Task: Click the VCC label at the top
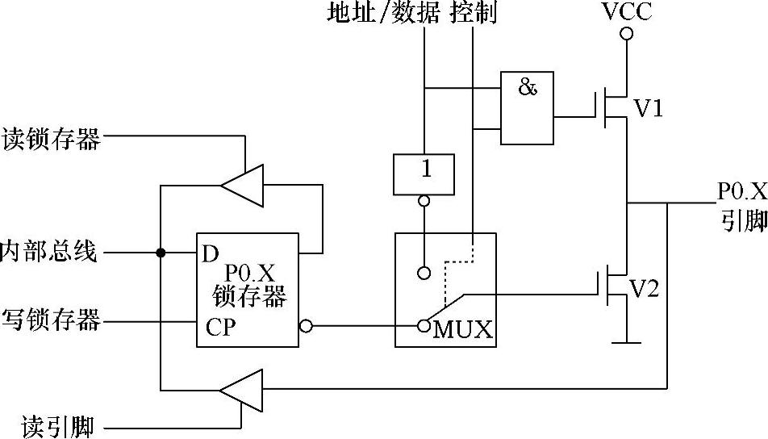point(626,11)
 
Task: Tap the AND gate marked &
point(527,107)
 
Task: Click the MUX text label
point(462,330)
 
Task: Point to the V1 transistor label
point(648,107)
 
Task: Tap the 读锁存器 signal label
point(52,139)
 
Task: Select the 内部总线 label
point(49,252)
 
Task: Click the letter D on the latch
point(211,254)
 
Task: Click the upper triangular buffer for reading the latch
point(243,185)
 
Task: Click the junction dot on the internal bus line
point(161,253)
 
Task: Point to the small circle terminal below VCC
point(626,33)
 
